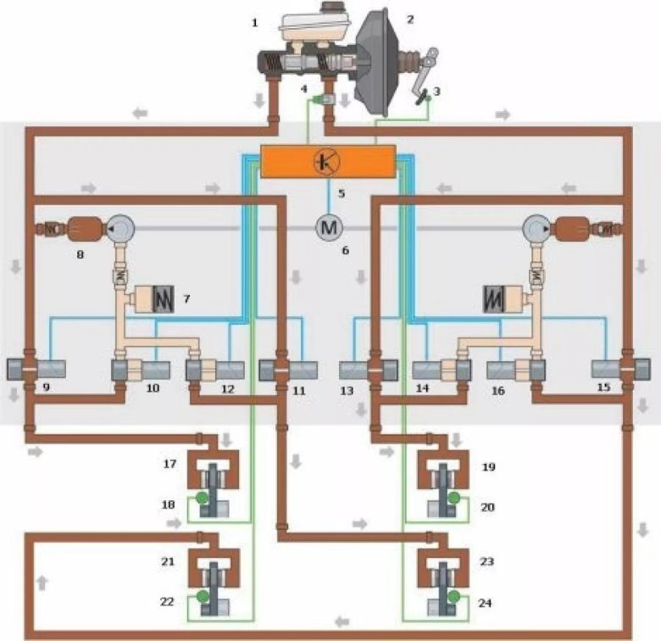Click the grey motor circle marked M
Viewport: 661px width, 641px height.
click(328, 227)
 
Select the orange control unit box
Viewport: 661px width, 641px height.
click(328, 161)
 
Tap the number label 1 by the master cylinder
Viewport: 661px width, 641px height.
click(254, 23)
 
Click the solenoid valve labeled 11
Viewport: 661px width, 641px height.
click(287, 371)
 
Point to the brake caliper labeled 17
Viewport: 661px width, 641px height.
click(213, 471)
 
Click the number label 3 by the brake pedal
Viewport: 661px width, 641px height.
click(437, 89)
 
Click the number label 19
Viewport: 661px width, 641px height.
click(488, 466)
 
